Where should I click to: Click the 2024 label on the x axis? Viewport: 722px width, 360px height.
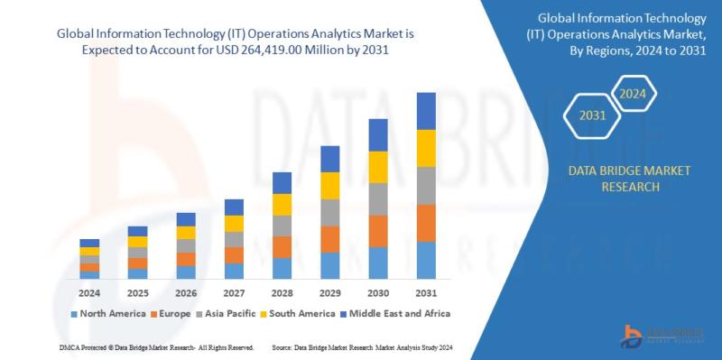click(x=89, y=293)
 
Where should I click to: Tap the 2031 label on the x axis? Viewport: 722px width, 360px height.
click(x=425, y=293)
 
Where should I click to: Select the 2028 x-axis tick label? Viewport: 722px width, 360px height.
click(x=282, y=293)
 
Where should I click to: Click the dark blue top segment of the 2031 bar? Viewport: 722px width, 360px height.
click(x=425, y=111)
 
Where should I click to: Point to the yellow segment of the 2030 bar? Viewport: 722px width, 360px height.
click(x=378, y=167)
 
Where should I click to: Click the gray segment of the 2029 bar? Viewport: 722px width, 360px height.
click(x=330, y=213)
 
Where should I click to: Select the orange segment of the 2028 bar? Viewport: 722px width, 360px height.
click(x=282, y=247)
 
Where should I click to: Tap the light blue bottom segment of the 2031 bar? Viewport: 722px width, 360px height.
click(x=425, y=261)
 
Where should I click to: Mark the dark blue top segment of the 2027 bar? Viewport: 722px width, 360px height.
click(x=234, y=208)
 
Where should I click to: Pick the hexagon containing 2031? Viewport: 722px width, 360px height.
click(x=592, y=115)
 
